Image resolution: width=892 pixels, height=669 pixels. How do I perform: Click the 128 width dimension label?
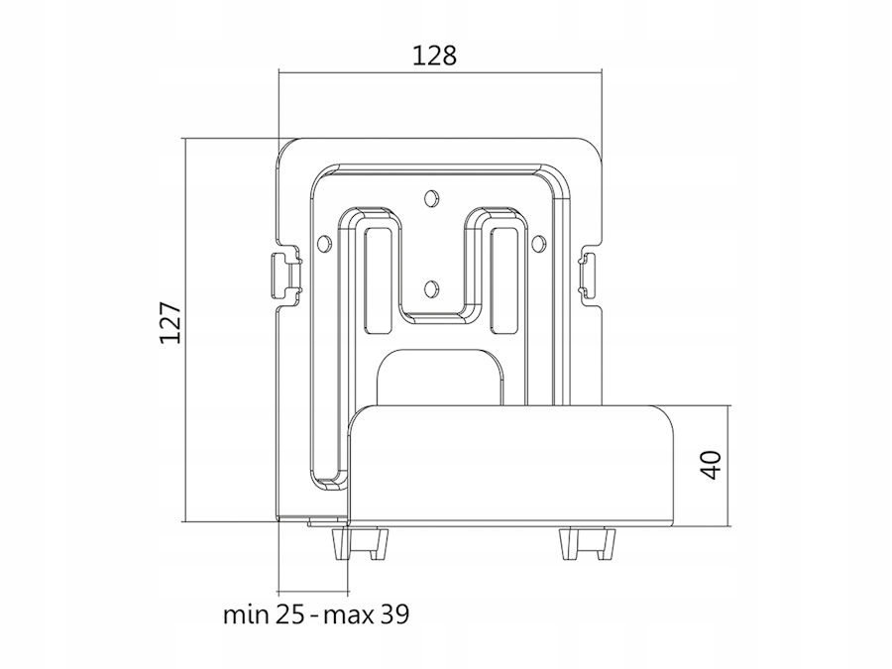434,56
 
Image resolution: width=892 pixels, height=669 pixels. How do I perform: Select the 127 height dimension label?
170,322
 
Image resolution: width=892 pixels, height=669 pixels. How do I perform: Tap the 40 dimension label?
712,465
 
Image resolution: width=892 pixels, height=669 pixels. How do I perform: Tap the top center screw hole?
432,197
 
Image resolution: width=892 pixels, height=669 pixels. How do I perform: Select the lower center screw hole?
432,289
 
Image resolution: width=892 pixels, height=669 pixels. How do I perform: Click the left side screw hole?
323,243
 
